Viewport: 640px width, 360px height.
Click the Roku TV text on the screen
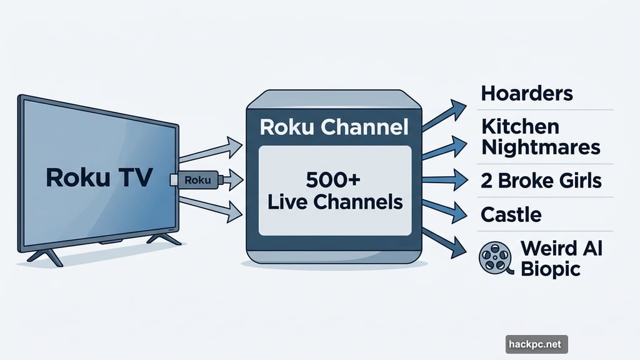click(x=99, y=177)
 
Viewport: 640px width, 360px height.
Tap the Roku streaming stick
click(x=196, y=181)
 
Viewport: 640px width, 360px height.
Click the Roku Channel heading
click(x=334, y=127)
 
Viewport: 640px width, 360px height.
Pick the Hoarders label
click(x=527, y=94)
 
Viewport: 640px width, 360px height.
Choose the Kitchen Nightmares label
click(x=541, y=137)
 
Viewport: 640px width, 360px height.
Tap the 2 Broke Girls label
click(x=541, y=181)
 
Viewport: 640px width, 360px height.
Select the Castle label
click(x=511, y=215)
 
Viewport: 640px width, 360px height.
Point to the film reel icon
click(x=494, y=257)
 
